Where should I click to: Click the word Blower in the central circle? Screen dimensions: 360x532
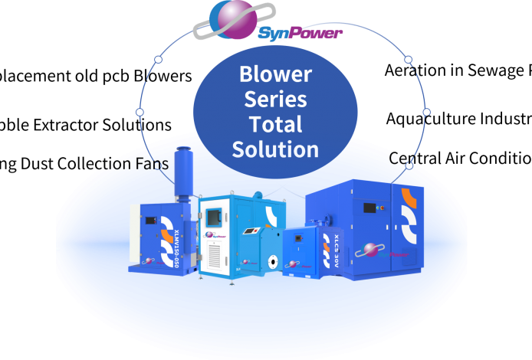click(x=275, y=74)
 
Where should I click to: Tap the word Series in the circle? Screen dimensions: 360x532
click(x=275, y=99)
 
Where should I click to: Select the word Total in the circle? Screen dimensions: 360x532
click(x=275, y=123)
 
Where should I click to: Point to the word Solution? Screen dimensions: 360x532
click(x=275, y=149)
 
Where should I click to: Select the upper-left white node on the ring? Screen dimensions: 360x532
click(x=159, y=59)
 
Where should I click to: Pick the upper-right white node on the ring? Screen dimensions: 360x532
click(x=408, y=59)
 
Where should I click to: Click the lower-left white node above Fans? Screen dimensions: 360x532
click(x=140, y=112)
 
